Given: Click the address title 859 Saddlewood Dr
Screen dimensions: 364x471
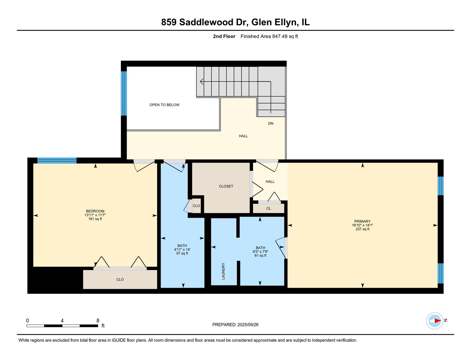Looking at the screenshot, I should [235, 22].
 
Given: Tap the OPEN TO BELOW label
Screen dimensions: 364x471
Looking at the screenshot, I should [164, 105].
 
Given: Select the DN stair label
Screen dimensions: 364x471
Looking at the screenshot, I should [271, 123].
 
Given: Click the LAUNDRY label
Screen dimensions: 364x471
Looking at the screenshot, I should [223, 271].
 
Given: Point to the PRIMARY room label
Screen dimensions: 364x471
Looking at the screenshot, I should [362, 221].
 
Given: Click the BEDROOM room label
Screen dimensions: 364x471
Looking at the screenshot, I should [95, 211].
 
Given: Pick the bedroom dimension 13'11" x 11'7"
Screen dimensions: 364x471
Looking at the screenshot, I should [95, 215].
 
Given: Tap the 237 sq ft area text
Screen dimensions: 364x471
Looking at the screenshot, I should [362, 229].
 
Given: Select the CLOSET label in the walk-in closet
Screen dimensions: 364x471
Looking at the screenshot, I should [226, 186].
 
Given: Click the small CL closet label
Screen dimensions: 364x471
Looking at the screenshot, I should [269, 208].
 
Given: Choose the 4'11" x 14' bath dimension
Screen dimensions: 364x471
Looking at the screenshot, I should [182, 249].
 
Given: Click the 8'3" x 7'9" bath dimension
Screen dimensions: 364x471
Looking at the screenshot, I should [260, 251].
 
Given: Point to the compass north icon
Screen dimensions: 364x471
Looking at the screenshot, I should [435, 321].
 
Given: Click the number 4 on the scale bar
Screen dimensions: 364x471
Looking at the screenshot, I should [62, 321].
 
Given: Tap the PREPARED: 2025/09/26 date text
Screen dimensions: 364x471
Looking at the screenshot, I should [235, 325].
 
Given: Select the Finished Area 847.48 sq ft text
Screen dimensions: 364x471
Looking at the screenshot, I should [269, 36].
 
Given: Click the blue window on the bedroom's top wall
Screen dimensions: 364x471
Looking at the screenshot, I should [57, 160].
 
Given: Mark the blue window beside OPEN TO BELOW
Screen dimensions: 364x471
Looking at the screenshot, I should [124, 93].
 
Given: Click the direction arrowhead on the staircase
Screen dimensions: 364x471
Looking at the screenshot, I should [201, 82].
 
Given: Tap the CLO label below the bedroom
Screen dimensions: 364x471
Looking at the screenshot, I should [120, 279].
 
